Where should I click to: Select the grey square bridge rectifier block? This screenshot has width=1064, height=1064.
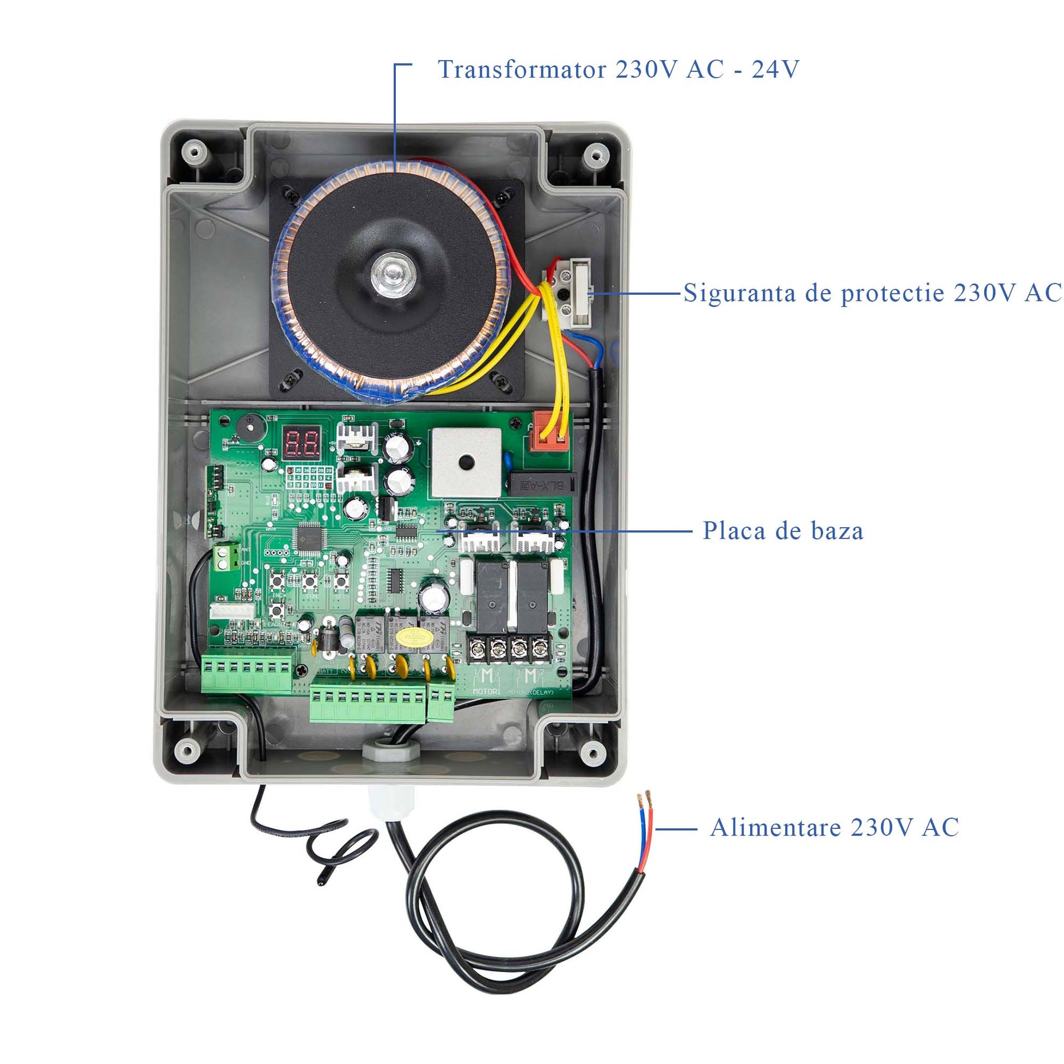point(466,463)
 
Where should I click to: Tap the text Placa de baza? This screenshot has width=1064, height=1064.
point(782,531)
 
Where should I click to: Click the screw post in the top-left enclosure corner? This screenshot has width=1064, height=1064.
point(193,151)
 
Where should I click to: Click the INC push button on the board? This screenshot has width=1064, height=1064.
point(278,580)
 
